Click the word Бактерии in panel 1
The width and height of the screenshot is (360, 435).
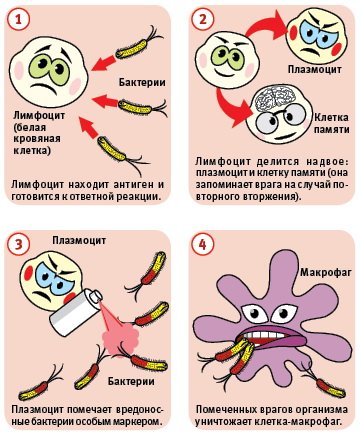pos(140,81)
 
